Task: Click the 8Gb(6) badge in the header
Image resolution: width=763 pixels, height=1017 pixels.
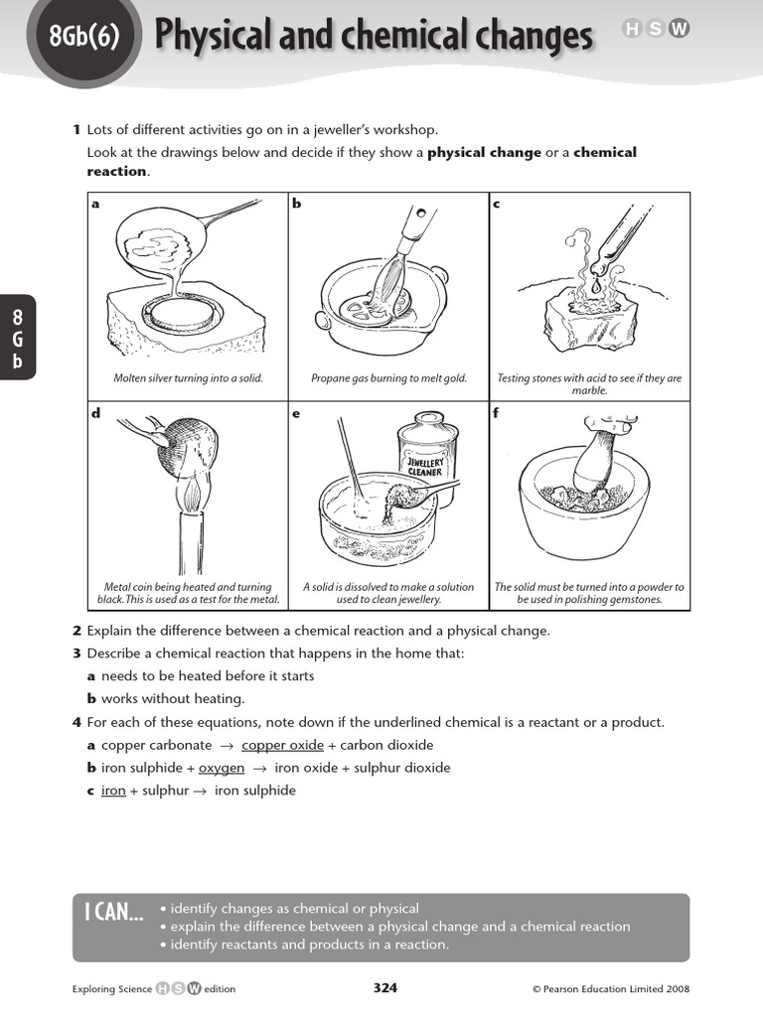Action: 83,38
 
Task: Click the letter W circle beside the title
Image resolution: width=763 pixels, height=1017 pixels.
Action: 680,30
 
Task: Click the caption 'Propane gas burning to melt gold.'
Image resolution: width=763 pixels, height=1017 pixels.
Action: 388,378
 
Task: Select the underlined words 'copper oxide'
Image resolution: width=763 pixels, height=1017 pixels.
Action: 275,745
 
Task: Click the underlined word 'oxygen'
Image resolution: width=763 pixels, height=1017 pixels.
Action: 222,768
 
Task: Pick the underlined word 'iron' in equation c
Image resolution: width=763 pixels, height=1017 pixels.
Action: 113,791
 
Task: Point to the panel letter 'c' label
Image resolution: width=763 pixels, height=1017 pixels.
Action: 497,205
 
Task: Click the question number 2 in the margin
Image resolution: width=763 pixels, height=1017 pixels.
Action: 76,631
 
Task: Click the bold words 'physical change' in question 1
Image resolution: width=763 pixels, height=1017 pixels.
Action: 484,152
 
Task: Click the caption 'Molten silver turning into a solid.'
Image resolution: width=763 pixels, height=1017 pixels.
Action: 188,378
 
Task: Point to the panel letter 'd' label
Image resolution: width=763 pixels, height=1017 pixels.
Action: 96,413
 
